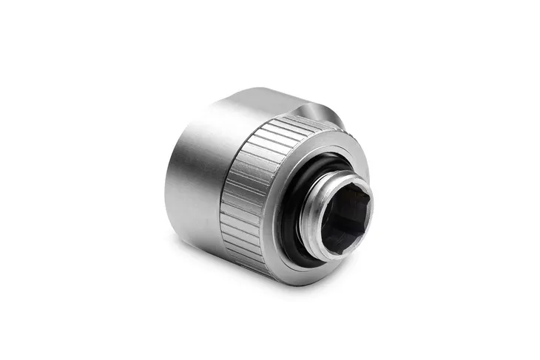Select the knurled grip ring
244,200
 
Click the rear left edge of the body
168,185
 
